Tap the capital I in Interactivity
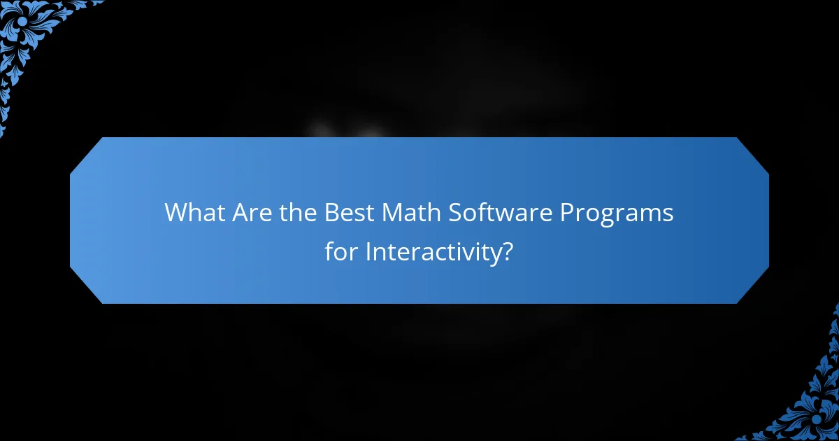[368, 252]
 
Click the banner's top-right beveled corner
[752, 154]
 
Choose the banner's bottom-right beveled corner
[752, 287]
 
